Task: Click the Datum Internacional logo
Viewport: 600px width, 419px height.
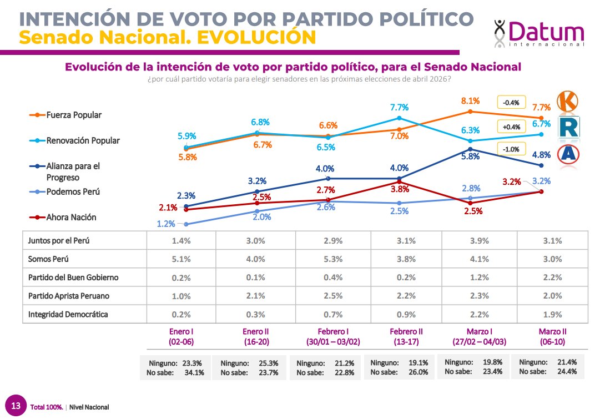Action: point(539,33)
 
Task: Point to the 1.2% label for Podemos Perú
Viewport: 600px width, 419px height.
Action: point(166,224)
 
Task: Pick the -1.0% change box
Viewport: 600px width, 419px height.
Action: point(511,149)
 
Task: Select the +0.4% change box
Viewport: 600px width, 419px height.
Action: point(511,127)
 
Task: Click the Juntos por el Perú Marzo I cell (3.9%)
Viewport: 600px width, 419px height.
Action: point(478,241)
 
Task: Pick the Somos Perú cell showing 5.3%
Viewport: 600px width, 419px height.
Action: point(334,259)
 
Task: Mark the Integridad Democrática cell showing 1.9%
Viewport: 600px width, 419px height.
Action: point(552,315)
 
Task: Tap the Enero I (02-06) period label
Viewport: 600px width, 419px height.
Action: point(180,336)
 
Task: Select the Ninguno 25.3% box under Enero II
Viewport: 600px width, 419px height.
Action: point(249,367)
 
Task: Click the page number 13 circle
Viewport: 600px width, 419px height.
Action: point(17,406)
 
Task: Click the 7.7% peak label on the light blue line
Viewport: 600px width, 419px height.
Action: point(399,108)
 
